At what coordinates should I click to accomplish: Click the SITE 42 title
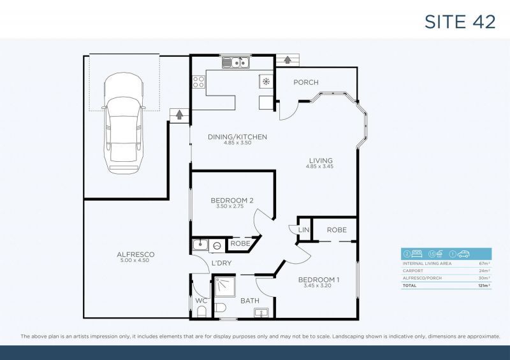[x=460, y=21]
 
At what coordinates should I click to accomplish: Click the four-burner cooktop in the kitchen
[x=198, y=82]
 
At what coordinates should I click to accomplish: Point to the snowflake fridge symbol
[x=265, y=82]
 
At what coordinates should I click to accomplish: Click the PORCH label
[x=305, y=82]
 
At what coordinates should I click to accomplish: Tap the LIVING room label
[x=321, y=161]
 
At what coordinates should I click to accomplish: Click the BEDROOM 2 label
[x=232, y=201]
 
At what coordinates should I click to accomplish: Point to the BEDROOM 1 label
[x=319, y=280]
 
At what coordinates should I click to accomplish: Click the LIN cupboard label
[x=303, y=229]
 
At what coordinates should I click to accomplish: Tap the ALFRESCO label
[x=136, y=254]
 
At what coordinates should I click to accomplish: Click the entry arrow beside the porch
[x=287, y=60]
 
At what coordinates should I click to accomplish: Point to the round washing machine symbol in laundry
[x=217, y=245]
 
